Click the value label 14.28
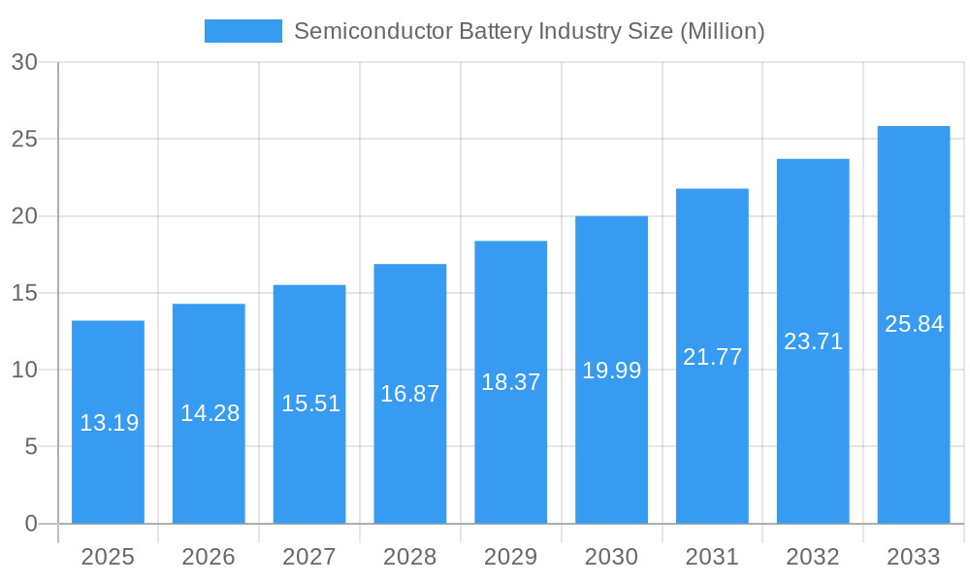click(210, 413)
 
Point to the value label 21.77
click(712, 357)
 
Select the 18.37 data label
click(510, 382)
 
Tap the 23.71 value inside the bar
click(813, 341)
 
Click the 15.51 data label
click(310, 404)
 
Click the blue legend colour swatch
click(242, 31)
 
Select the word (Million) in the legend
click(722, 31)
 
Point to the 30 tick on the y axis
click(24, 62)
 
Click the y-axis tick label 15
click(24, 293)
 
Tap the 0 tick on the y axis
click(30, 524)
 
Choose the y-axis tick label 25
click(24, 139)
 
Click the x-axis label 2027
click(309, 557)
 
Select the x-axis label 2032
click(813, 557)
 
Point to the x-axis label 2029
click(510, 557)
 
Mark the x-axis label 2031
click(712, 557)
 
